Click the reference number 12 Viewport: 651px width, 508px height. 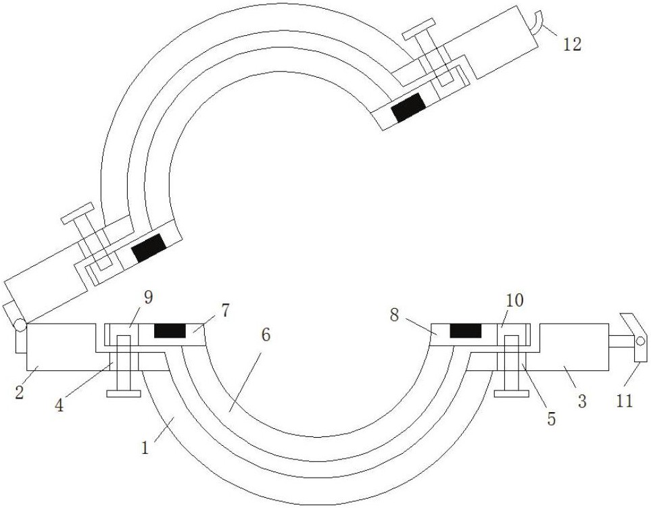[572, 44]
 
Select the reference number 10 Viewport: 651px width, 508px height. [514, 301]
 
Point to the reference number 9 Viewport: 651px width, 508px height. [148, 298]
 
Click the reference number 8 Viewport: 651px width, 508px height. [394, 315]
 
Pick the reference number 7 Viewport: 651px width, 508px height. [224, 311]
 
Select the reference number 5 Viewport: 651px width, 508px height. [552, 419]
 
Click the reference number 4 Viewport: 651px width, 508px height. [59, 405]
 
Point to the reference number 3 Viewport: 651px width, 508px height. [582, 401]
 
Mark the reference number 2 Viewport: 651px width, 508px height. [19, 392]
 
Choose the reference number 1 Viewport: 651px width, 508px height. [145, 448]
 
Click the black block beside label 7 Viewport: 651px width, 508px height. [170, 331]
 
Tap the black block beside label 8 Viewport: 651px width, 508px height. [466, 331]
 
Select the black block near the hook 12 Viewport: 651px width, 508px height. [409, 107]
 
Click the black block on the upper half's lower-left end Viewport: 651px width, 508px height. [149, 247]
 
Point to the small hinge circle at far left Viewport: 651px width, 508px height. [20, 325]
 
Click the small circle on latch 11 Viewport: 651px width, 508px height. [640, 341]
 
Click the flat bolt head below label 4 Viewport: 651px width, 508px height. [124, 394]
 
